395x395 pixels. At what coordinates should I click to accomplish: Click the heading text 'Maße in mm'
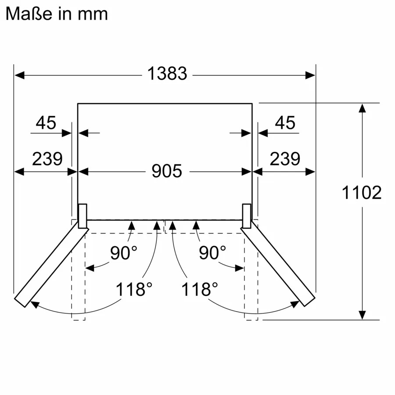[57, 14]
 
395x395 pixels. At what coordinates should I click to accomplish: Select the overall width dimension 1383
[167, 74]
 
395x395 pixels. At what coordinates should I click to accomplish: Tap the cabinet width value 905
[167, 171]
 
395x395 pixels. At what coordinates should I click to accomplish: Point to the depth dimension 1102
[362, 192]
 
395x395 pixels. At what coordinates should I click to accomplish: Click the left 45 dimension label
[46, 123]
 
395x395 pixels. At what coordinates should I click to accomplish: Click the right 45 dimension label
[285, 123]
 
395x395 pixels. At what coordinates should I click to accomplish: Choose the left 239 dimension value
[47, 159]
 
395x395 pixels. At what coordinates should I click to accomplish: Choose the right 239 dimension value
[285, 159]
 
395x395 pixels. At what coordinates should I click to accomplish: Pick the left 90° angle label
[123, 253]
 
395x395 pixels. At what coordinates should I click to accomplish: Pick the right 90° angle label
[212, 253]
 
